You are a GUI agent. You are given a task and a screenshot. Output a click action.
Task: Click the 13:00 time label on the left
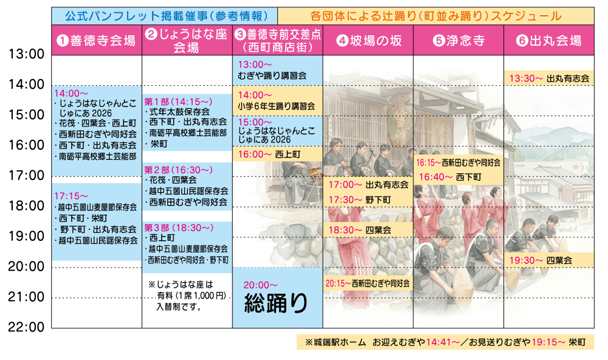tap(26, 54)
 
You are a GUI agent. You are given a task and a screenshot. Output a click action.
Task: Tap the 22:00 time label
tap(26, 327)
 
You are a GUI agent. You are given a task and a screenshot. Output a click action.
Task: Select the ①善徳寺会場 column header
tap(97, 40)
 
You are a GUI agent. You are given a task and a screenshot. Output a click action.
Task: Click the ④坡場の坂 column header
tap(368, 40)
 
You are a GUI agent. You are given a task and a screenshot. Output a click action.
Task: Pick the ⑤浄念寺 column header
tap(458, 40)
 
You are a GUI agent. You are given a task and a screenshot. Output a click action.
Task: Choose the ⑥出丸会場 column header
tap(548, 40)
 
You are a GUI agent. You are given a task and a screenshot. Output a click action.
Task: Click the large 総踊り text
tap(275, 303)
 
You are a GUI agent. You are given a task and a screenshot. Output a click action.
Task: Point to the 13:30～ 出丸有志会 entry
tap(549, 78)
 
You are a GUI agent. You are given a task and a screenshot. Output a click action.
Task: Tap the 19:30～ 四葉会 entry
tap(541, 260)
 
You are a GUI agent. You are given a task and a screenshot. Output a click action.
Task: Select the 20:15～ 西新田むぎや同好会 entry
tap(368, 283)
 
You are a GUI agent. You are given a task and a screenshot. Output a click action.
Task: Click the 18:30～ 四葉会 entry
tap(360, 230)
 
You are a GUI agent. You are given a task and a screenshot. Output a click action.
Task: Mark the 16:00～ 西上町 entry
tap(269, 154)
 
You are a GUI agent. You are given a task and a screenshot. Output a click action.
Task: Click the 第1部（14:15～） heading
tap(178, 102)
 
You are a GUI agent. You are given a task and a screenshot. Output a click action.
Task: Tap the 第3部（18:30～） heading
tap(179, 227)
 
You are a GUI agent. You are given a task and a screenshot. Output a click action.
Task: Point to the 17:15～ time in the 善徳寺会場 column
tap(71, 196)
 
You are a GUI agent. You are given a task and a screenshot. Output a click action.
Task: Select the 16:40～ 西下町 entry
tap(450, 177)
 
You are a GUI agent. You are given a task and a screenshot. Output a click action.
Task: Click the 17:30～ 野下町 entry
tap(360, 200)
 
